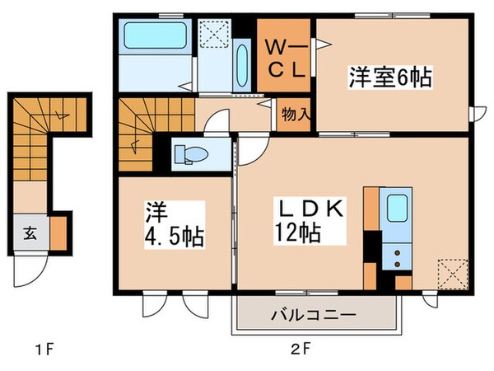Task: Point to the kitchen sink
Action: click(397, 209)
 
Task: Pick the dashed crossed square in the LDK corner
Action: click(451, 271)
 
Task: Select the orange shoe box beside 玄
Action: click(59, 230)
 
